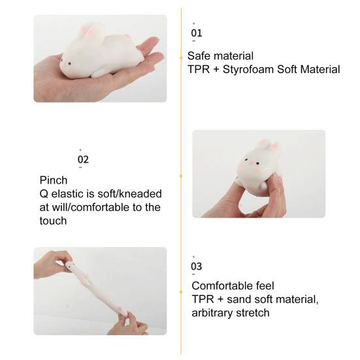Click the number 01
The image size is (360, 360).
[x=197, y=33]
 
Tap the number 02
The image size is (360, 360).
[x=83, y=159]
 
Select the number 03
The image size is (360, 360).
[x=197, y=266]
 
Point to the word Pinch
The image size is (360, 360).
[x=54, y=180]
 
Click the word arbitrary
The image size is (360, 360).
[x=214, y=312]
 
